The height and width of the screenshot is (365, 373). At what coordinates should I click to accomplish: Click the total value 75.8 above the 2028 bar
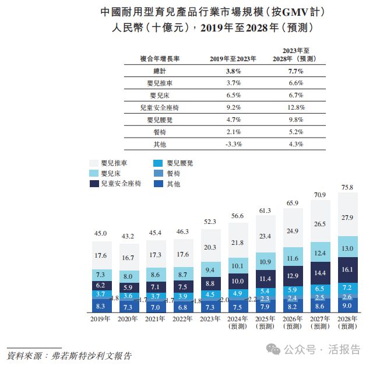pyautogui.click(x=348, y=187)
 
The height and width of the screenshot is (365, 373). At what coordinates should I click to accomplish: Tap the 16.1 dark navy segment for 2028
pyautogui.click(x=348, y=271)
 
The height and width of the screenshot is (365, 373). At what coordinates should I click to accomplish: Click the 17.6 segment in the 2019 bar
pyautogui.click(x=101, y=255)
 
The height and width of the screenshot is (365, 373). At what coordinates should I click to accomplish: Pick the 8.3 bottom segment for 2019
pyautogui.click(x=101, y=305)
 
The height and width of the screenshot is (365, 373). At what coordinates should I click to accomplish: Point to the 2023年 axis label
pyautogui.click(x=210, y=319)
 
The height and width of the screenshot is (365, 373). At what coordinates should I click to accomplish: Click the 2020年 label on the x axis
pyautogui.click(x=128, y=319)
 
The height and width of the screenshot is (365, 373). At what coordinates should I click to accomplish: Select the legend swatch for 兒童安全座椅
pyautogui.click(x=94, y=184)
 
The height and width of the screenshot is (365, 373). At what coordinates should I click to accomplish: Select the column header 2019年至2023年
pyautogui.click(x=233, y=58)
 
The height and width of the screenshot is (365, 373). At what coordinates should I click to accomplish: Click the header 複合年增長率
pyautogui.click(x=160, y=58)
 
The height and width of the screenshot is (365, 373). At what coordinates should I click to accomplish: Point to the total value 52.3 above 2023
pyautogui.click(x=210, y=222)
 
